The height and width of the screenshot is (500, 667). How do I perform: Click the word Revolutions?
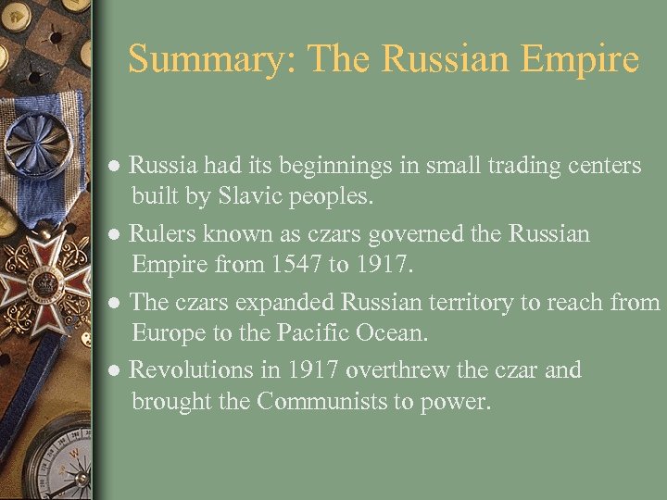[x=190, y=370]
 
